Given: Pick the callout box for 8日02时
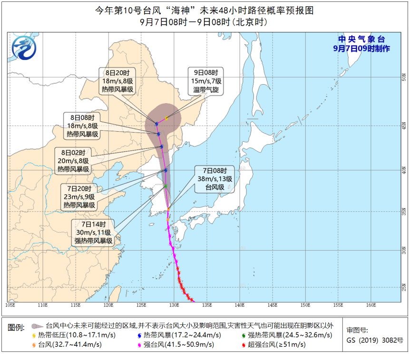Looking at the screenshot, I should pyautogui.click(x=73, y=161).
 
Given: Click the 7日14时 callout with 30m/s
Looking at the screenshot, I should pyautogui.click(x=93, y=233).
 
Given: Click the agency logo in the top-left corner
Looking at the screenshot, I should pyautogui.click(x=24, y=48).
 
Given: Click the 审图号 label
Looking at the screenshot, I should pyautogui.click(x=357, y=331).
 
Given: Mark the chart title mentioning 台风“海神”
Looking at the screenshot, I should pyautogui.click(x=204, y=10).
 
